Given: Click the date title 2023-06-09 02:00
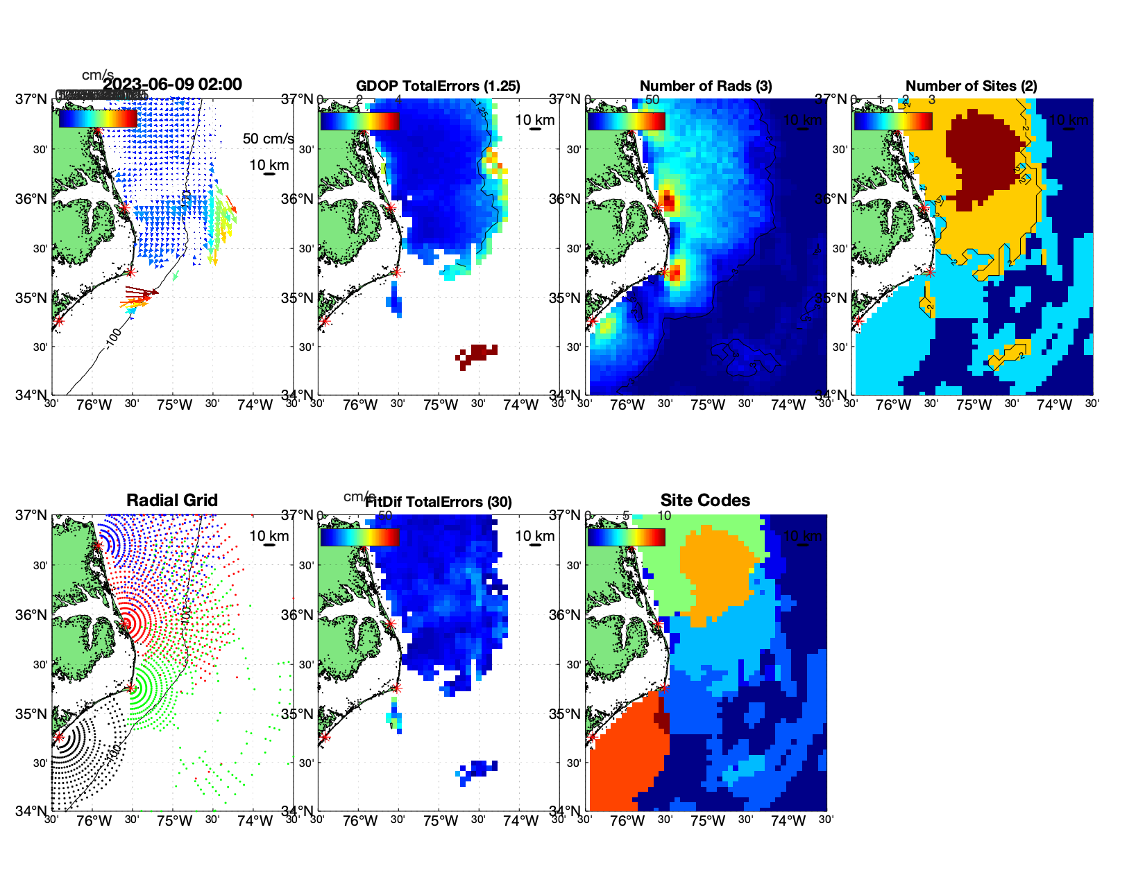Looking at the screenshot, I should point(172,85).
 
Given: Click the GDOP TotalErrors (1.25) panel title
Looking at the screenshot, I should point(438,86).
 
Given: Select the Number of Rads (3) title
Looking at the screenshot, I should point(706,86).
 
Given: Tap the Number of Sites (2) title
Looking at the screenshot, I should point(971,86).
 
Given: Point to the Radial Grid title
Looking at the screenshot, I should point(172,501).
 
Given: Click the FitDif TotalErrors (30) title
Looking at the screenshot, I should point(439,502).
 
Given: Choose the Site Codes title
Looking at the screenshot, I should point(705,501).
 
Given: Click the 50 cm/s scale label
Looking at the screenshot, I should point(268,139).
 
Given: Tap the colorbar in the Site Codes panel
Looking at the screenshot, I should point(626,537).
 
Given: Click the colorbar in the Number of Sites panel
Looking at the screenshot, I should point(892,121).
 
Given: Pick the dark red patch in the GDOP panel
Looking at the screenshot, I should point(478,354).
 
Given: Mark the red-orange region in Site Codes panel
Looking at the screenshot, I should point(625,756).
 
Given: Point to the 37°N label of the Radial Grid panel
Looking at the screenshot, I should point(31,515).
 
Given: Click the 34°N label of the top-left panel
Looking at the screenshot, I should point(31,395).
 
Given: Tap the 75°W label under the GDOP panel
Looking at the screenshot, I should point(440,405).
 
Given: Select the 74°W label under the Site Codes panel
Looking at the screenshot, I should point(788,821).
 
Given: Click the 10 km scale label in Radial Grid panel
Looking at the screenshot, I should point(269,536).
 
